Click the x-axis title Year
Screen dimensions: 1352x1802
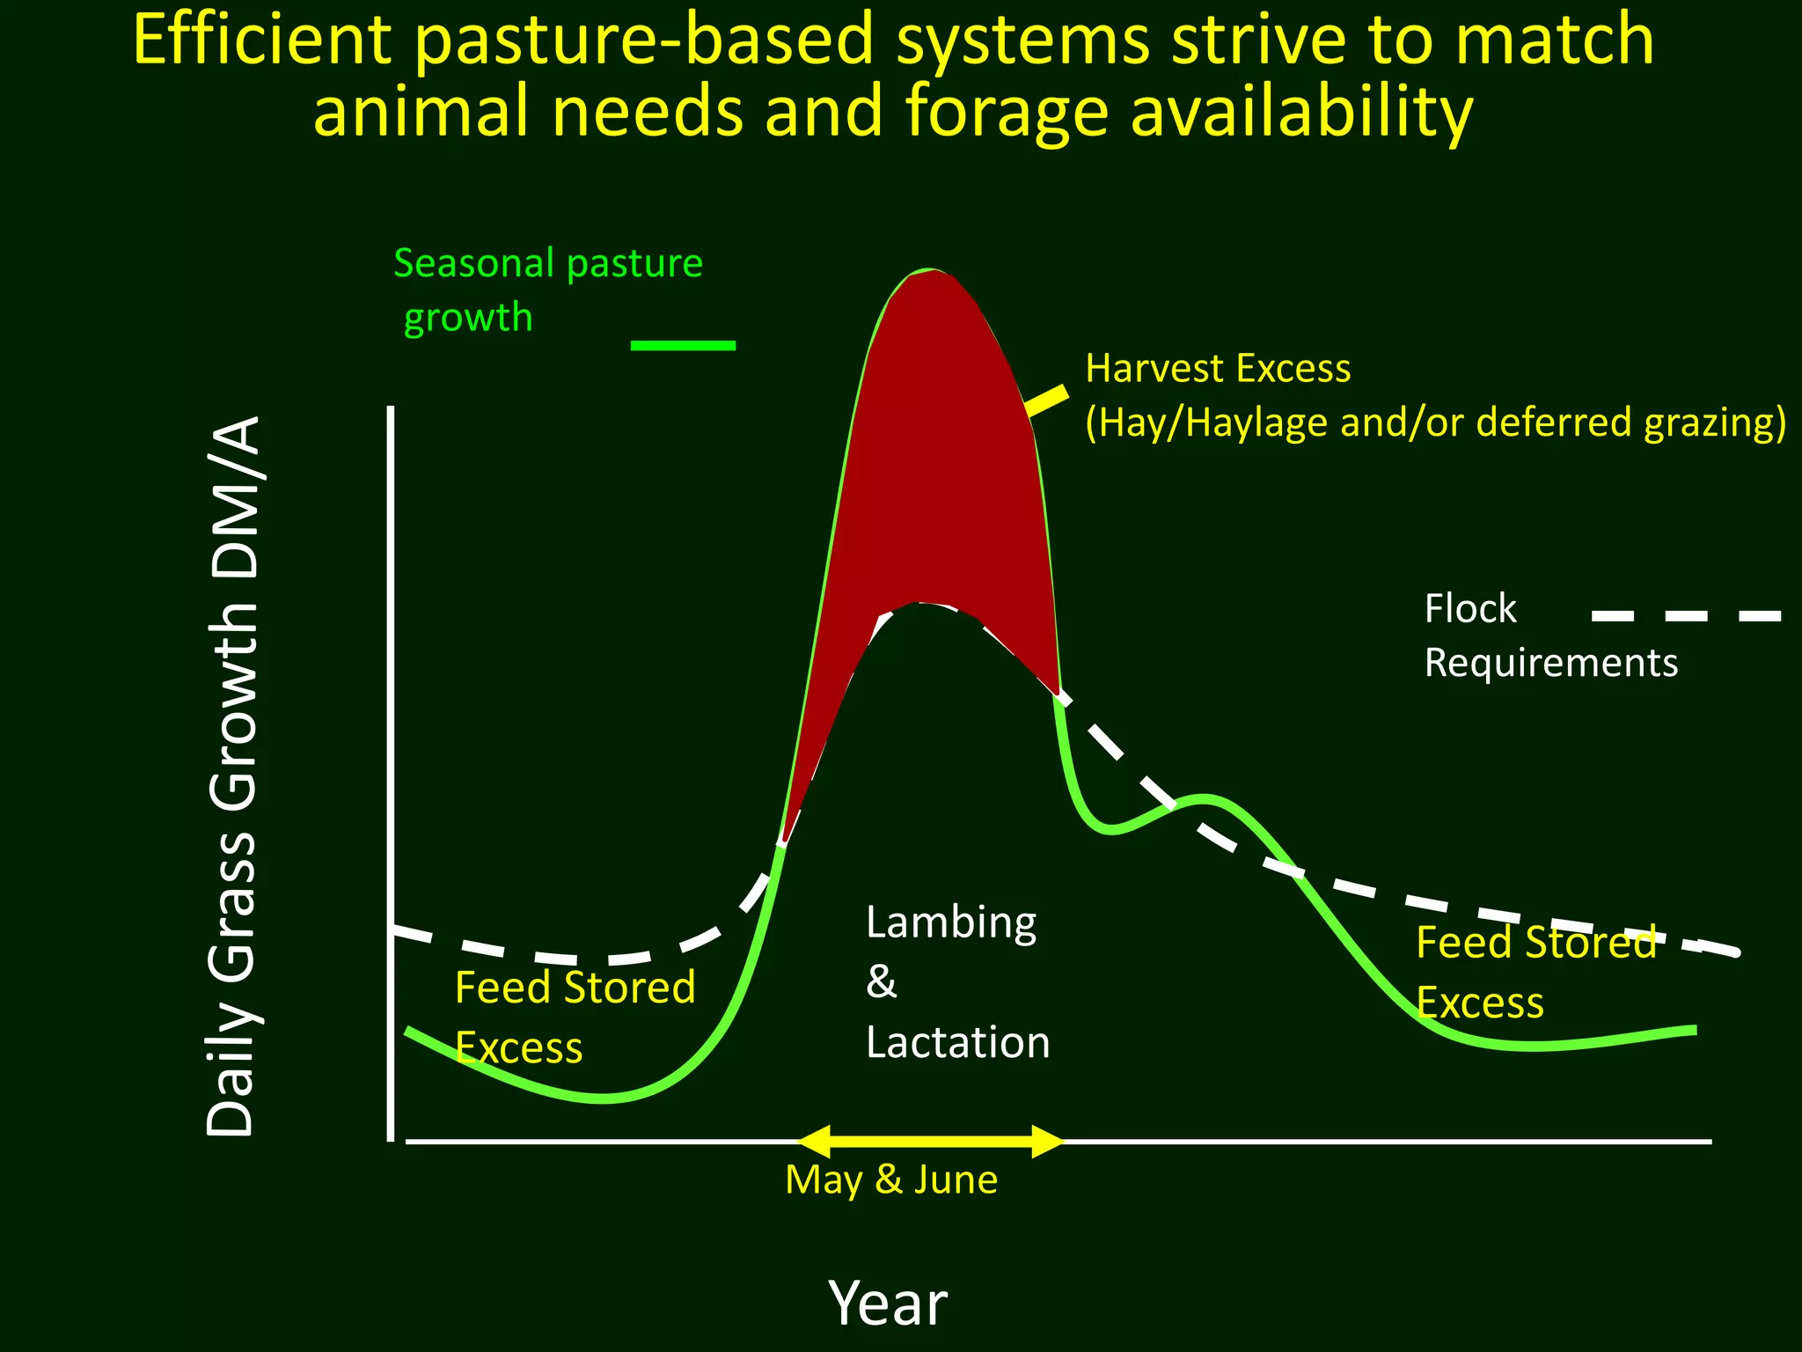pyautogui.click(x=888, y=1304)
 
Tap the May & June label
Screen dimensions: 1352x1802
pyautogui.click(x=891, y=1179)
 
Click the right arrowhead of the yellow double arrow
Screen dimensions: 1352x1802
pyautogui.click(x=1048, y=1141)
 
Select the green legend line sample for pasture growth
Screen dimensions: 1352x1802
pyautogui.click(x=683, y=346)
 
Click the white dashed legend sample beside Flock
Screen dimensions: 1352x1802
pyautogui.click(x=1686, y=616)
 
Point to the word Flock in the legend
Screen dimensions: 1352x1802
pyautogui.click(x=1470, y=609)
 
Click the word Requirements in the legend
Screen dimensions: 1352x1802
pyautogui.click(x=1550, y=663)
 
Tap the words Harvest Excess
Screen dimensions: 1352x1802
pyautogui.click(x=1218, y=369)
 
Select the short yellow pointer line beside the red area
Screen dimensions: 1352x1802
pyautogui.click(x=1047, y=400)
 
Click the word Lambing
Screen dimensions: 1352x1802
pyautogui.click(x=951, y=923)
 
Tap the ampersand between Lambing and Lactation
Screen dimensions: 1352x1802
pyautogui.click(x=881, y=982)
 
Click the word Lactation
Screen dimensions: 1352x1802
pyautogui.click(x=957, y=1043)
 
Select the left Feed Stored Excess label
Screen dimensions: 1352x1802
pyautogui.click(x=575, y=1017)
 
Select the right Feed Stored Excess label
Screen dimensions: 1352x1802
pyautogui.click(x=1535, y=972)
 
